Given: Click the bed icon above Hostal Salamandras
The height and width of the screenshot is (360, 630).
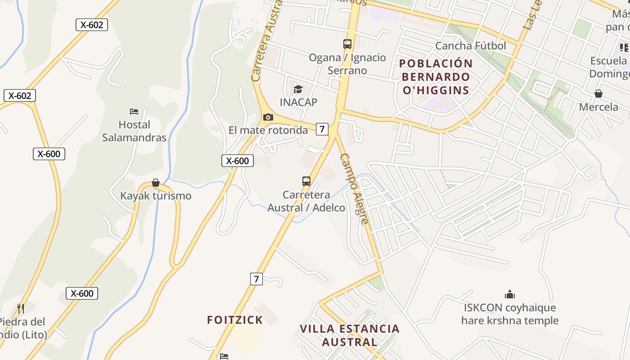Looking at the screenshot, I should (x=134, y=111).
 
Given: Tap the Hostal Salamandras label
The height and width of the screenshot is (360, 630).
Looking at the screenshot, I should (x=134, y=131).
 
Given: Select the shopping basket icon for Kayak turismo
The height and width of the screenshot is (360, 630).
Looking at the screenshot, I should (x=155, y=183).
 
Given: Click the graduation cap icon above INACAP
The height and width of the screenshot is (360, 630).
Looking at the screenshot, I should (x=298, y=89).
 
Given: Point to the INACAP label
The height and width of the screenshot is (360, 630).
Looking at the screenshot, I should (x=298, y=102).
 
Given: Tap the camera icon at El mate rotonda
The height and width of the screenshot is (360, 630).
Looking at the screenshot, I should (x=268, y=117).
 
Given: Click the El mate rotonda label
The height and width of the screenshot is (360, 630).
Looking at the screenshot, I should (x=268, y=130).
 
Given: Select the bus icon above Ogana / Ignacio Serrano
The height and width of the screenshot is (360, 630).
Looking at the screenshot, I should (x=347, y=44).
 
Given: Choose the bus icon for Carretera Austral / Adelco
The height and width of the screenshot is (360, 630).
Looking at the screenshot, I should (x=306, y=181).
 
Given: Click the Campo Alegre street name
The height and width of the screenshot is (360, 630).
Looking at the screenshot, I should (x=354, y=189).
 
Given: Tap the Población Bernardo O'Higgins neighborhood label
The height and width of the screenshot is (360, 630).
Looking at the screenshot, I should (x=436, y=77).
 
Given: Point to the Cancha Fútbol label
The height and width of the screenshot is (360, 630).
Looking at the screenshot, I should (x=471, y=46).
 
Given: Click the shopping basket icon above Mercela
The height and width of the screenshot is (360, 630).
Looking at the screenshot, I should (x=598, y=94).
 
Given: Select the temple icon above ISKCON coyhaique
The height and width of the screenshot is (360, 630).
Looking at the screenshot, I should (x=509, y=295).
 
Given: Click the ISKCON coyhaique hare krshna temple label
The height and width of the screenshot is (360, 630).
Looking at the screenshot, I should (x=510, y=314).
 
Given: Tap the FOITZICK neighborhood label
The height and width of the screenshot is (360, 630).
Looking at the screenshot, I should (x=235, y=320).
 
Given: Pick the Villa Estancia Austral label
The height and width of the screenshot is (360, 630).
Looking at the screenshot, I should (x=350, y=335).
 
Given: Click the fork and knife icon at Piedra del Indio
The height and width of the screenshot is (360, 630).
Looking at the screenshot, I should (x=20, y=308).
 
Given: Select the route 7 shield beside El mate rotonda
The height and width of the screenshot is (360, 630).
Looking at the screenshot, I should (x=322, y=129).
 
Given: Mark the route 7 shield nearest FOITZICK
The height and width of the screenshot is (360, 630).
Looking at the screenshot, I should (x=256, y=279).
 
